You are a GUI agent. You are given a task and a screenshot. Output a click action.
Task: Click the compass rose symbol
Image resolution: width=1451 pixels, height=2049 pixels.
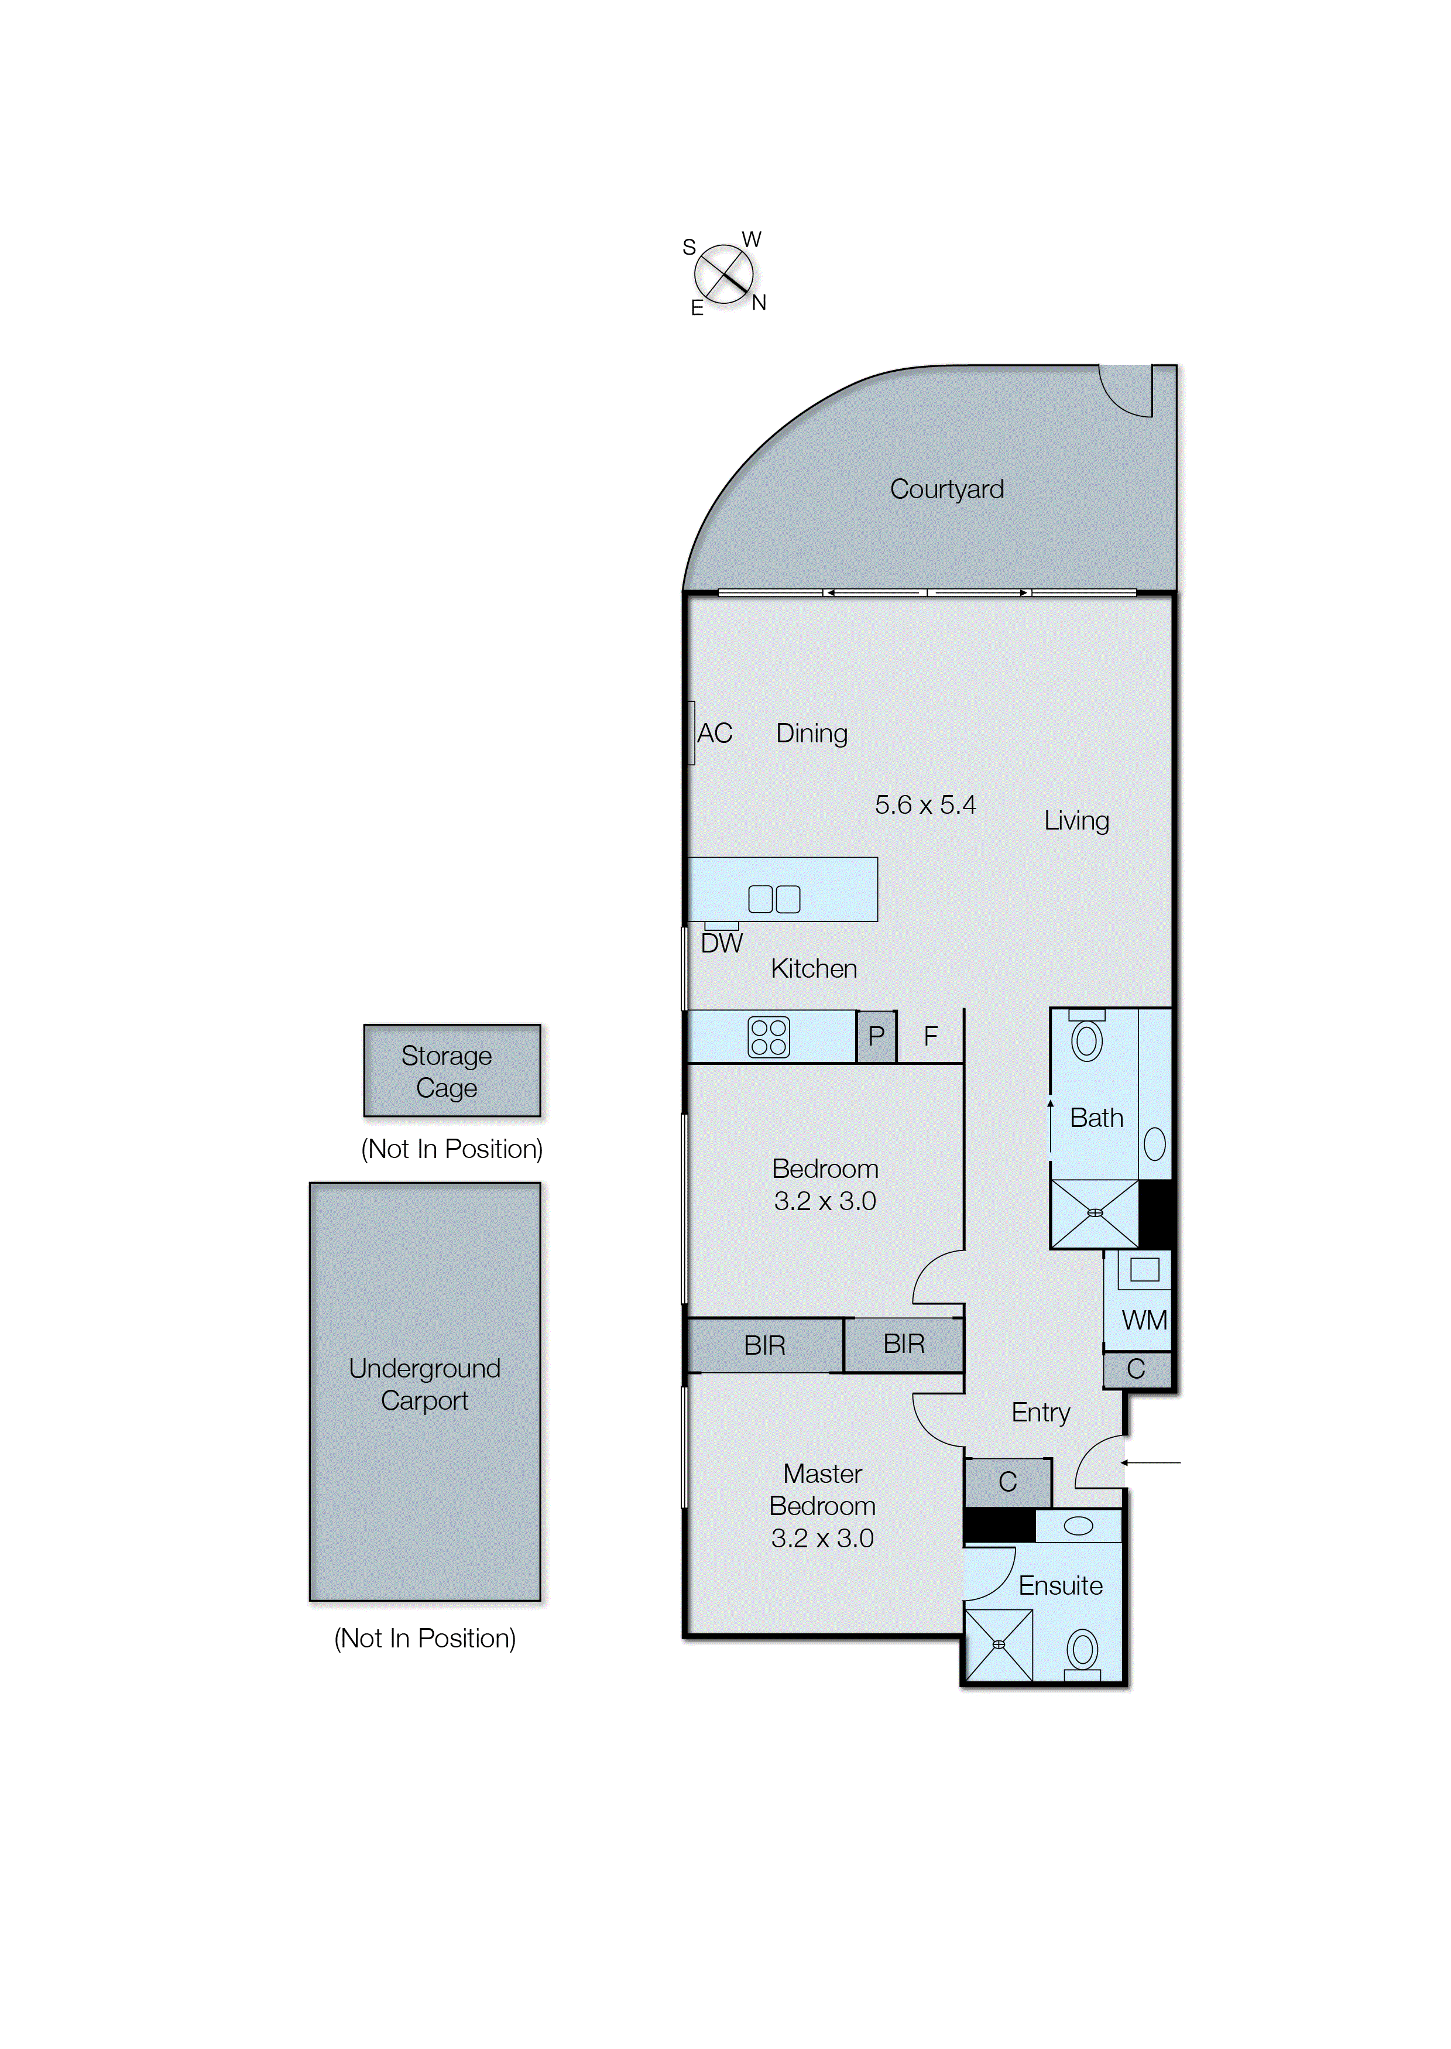click(723, 273)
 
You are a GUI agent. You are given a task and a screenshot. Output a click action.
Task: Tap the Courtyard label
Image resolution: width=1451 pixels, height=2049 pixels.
click(946, 489)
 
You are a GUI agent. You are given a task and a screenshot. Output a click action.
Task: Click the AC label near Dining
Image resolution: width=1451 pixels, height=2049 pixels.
click(715, 733)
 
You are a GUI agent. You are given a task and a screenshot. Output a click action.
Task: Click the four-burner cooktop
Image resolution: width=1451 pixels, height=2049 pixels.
click(769, 1037)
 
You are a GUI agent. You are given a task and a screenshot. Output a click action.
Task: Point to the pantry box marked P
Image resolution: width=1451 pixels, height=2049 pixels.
click(876, 1037)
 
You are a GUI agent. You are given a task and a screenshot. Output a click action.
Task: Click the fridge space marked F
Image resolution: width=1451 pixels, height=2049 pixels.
click(930, 1037)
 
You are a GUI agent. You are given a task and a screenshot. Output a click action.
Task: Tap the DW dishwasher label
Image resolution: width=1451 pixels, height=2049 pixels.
click(721, 944)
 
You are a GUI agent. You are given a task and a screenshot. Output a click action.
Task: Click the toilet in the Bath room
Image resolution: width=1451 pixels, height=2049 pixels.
click(1086, 1039)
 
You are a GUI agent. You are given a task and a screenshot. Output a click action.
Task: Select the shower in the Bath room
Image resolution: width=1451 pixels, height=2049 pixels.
click(1095, 1214)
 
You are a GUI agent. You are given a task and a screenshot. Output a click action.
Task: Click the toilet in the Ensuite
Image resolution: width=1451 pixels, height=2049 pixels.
click(1083, 1651)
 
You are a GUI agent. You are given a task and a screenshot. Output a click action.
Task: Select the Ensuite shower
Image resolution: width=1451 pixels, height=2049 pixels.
click(999, 1645)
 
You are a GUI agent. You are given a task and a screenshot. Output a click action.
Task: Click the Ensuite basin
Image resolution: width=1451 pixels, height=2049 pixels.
click(1078, 1526)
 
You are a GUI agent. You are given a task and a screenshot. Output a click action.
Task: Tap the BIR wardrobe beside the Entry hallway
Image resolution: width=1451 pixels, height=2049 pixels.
click(903, 1344)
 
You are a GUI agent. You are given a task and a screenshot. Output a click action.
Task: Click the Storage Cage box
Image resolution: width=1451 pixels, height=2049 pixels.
click(452, 1071)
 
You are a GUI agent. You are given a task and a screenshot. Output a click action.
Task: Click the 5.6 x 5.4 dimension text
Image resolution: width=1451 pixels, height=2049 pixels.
click(925, 805)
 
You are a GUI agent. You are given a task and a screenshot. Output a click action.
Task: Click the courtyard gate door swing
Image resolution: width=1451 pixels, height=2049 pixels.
click(1126, 392)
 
